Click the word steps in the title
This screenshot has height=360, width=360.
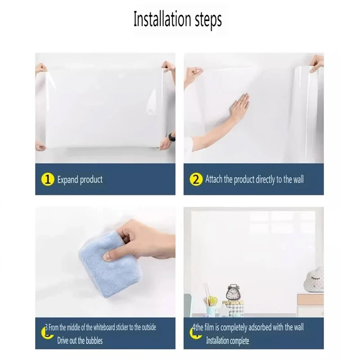(208, 20)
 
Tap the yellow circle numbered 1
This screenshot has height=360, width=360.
(48, 179)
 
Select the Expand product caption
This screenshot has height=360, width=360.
(80, 180)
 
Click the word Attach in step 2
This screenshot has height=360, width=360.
(214, 180)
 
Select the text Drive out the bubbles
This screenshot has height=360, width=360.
(80, 340)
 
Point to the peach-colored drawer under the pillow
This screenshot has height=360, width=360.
(310, 300)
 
